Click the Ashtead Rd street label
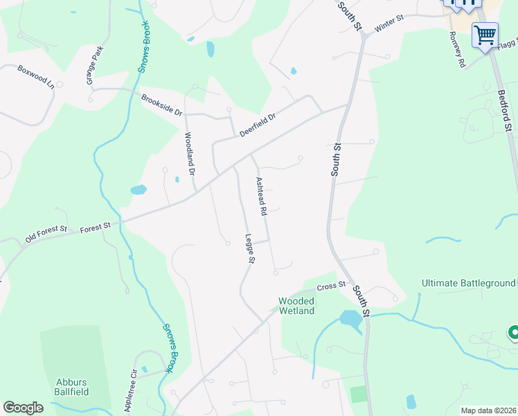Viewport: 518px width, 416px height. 262,196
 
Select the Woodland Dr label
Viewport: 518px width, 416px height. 190,154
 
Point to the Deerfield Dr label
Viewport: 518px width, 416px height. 258,125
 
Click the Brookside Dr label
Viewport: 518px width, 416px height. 161,105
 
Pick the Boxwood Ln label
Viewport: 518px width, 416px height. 35,76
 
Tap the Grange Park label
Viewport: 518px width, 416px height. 95,66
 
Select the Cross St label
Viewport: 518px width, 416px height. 331,286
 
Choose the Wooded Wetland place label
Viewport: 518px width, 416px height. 296,306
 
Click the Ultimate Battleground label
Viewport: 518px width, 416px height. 469,283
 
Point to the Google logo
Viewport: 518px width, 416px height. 23,408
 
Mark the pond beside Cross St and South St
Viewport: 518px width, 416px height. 350,320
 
